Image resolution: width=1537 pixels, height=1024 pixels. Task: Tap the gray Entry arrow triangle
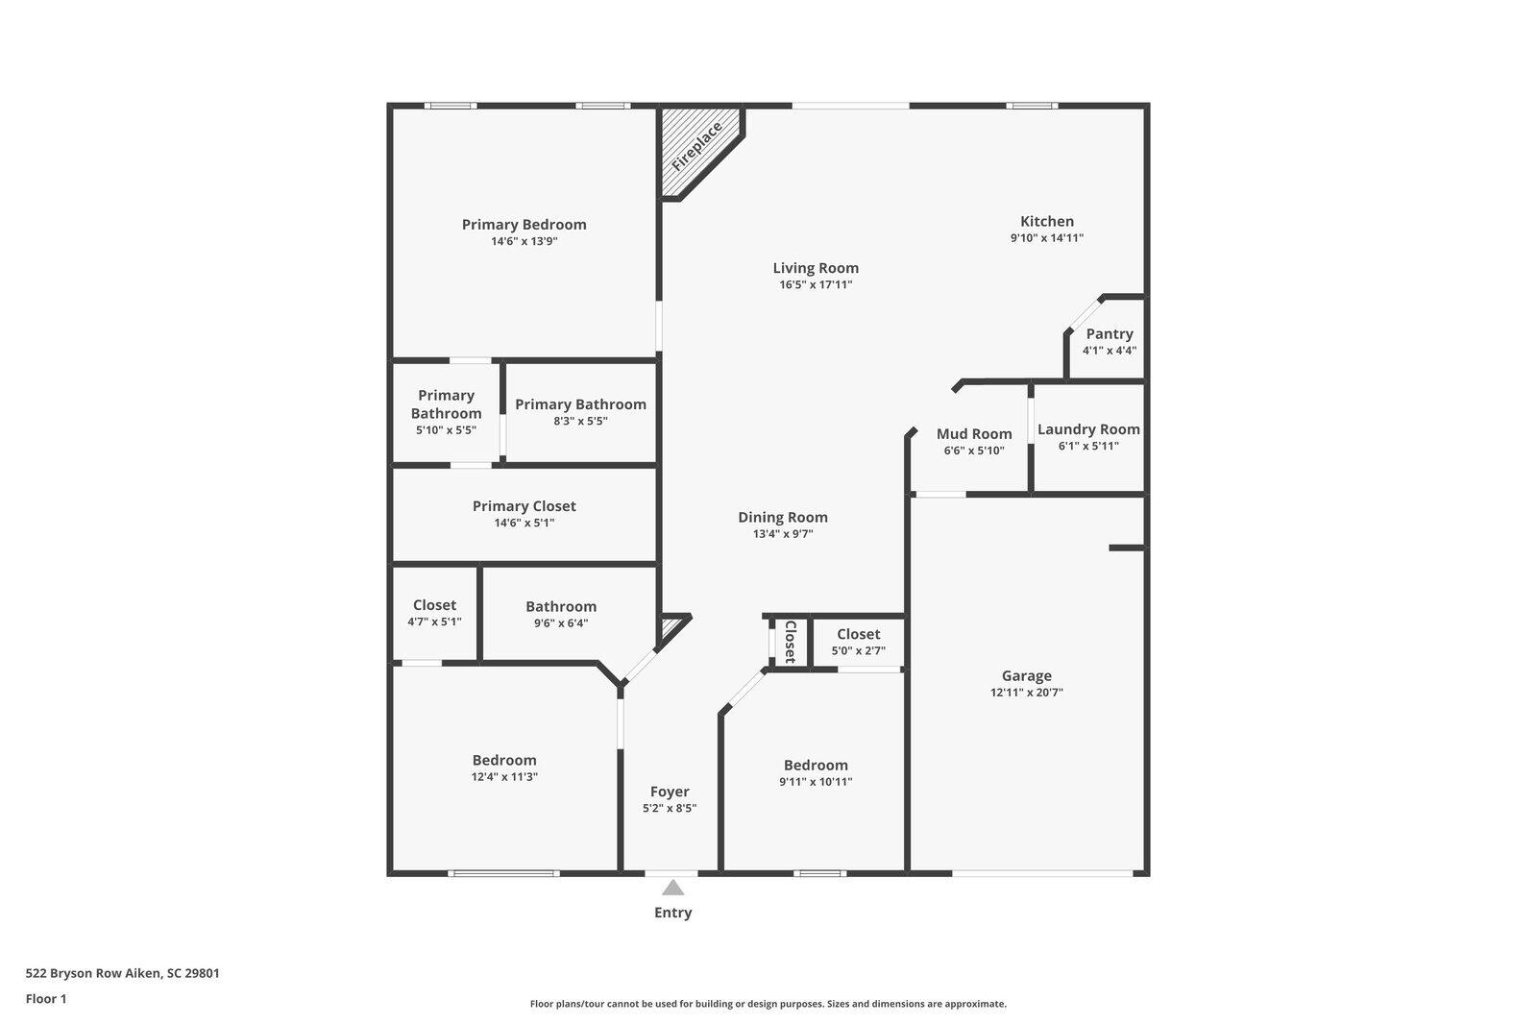point(672,888)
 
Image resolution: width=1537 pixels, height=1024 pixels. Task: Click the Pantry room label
point(1110,333)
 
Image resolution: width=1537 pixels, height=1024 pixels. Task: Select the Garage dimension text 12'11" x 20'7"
point(1027,692)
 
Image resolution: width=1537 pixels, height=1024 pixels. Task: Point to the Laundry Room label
point(1088,429)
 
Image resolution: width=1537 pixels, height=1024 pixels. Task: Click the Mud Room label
point(974,434)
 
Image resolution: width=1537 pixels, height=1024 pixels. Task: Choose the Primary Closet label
point(525,506)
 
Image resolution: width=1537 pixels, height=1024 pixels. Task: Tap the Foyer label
point(670,792)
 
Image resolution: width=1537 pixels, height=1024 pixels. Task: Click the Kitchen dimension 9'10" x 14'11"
point(1047,237)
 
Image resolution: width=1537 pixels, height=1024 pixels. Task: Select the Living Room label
point(816,268)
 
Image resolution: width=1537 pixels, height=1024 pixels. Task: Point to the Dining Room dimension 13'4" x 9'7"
point(783,533)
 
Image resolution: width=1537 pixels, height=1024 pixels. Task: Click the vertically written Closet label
point(791,642)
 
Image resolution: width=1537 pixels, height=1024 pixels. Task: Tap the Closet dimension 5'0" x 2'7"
point(859,650)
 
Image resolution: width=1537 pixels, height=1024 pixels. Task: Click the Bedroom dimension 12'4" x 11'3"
point(504,776)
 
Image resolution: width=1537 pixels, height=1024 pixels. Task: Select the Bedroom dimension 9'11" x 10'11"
point(816,781)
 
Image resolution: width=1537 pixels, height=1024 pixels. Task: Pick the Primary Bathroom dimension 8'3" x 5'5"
point(580,421)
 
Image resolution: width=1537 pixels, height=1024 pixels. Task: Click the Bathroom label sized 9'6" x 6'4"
point(561,607)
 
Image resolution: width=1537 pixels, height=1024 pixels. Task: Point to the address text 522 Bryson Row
point(94,972)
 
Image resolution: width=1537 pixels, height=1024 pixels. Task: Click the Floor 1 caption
point(46,999)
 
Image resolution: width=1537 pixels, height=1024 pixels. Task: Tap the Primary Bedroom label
point(525,225)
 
